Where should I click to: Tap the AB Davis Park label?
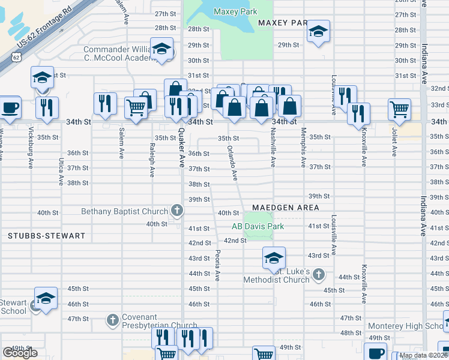click(258, 226)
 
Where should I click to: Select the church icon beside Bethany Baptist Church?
click(177, 211)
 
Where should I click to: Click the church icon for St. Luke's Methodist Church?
click(318, 275)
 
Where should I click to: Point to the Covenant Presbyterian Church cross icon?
click(112, 320)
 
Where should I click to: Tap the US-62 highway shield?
click(15, 57)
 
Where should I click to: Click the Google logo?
click(20, 353)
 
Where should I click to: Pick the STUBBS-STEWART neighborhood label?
click(47, 236)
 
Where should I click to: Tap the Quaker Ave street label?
click(179, 150)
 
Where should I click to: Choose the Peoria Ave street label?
click(217, 265)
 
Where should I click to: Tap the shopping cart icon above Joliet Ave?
click(399, 109)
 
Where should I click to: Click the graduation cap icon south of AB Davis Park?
click(273, 258)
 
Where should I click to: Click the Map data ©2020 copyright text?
click(423, 355)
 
